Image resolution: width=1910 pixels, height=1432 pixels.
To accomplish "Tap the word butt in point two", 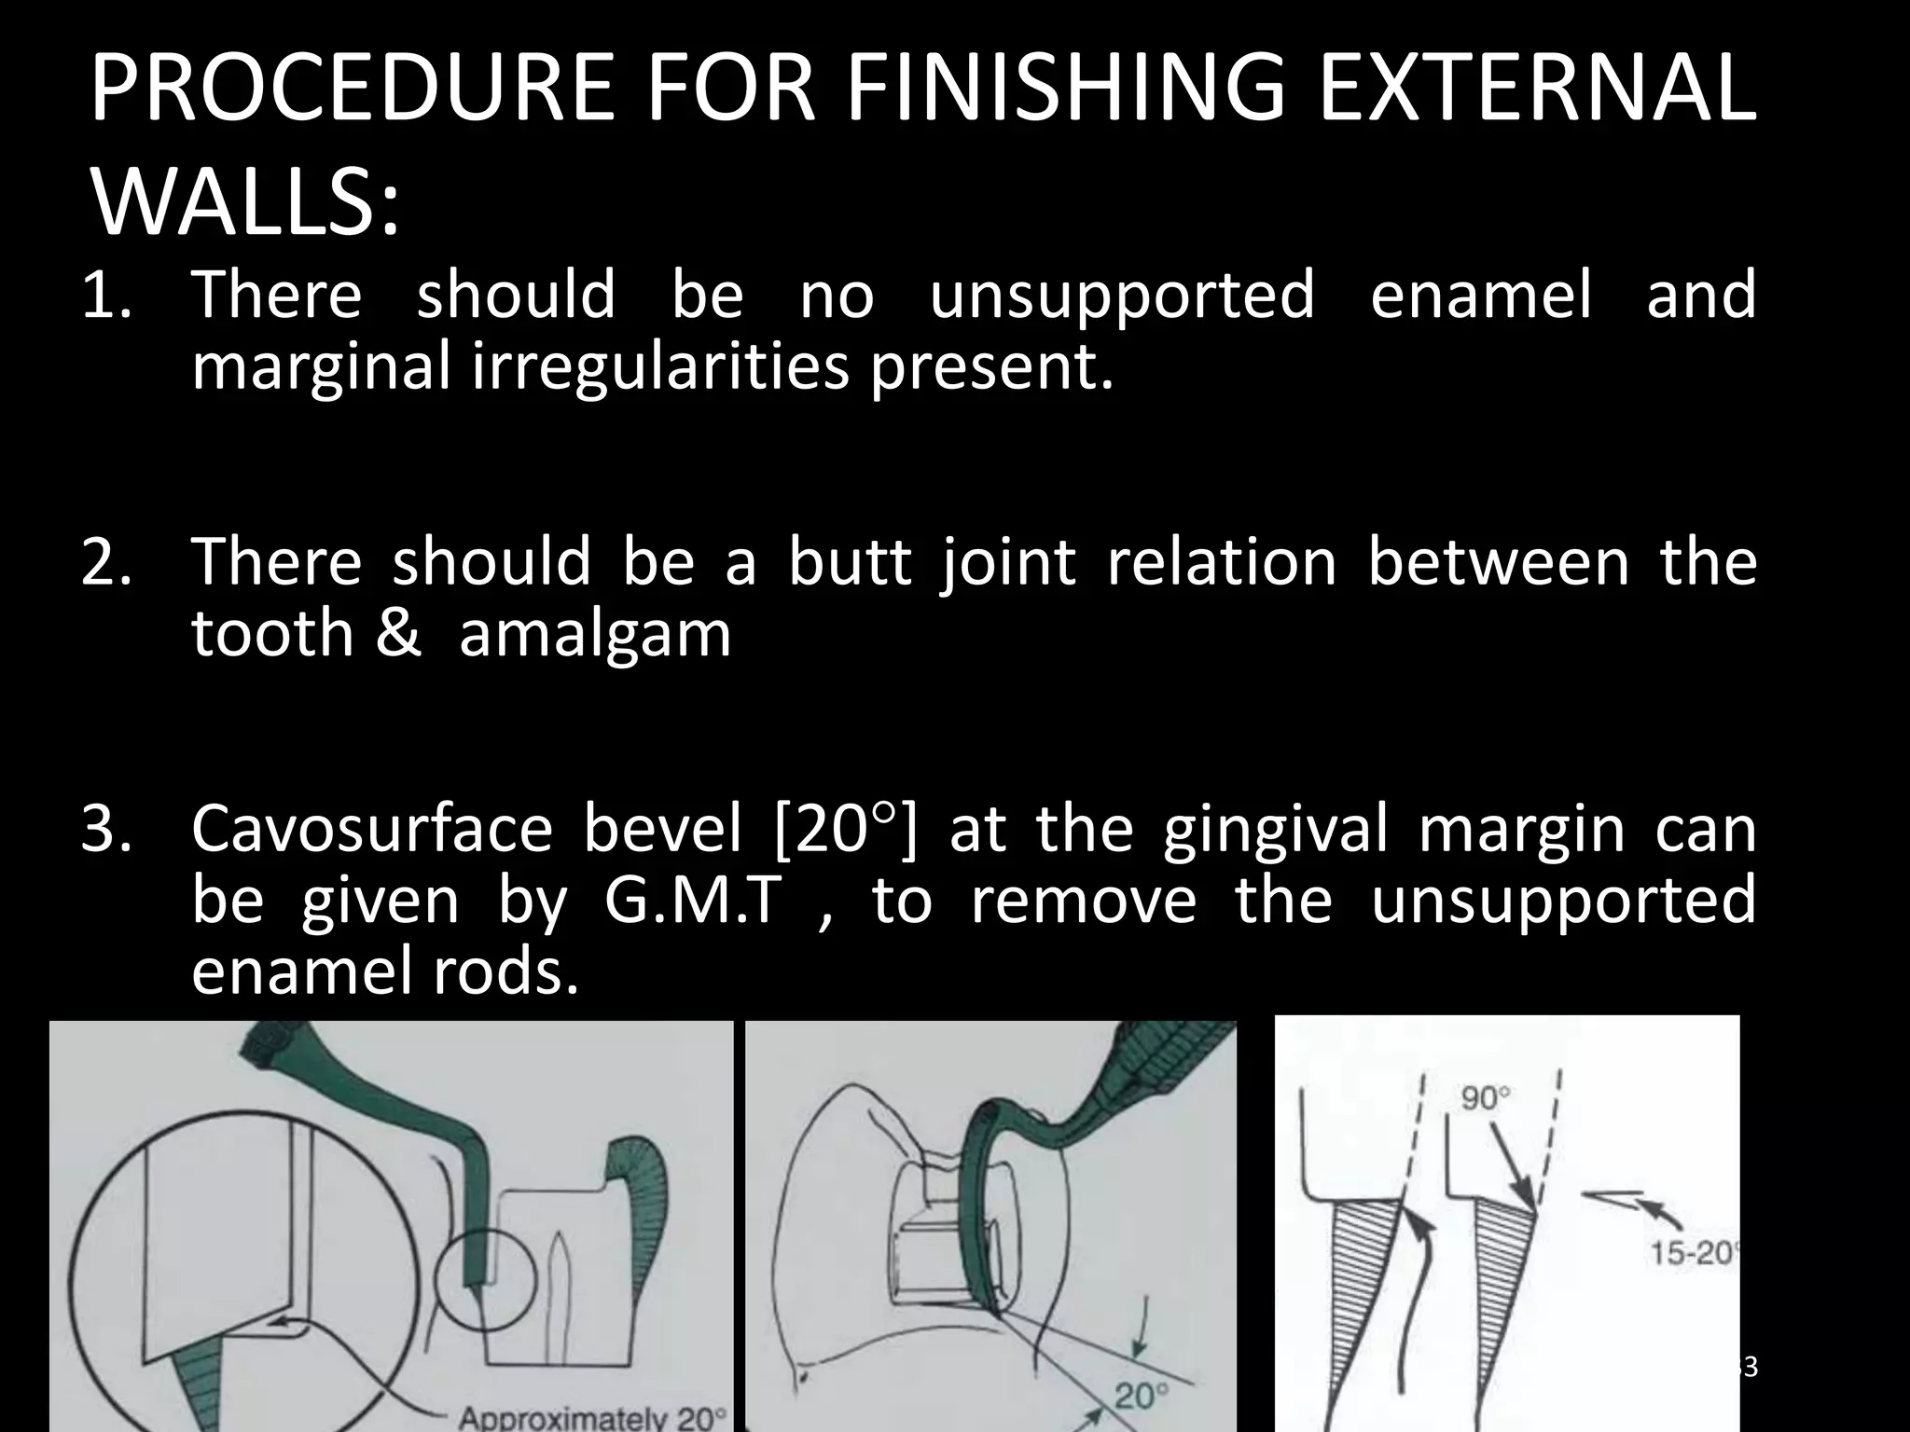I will coord(849,562).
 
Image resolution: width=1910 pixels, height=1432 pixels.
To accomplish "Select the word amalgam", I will coord(595,634).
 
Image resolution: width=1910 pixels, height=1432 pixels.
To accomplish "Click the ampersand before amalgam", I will coord(400,634).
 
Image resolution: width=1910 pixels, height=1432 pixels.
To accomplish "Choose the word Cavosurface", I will coord(372,829).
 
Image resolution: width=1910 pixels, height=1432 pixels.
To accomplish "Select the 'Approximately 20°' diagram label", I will coord(592,1418).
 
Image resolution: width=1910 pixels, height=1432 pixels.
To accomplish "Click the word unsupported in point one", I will coord(1122,295).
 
